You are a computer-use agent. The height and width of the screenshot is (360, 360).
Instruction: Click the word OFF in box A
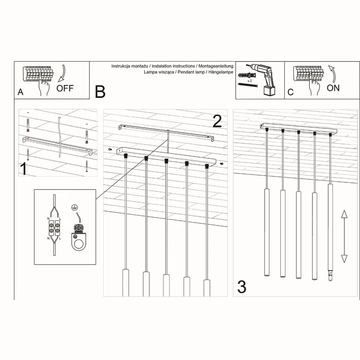[65, 88]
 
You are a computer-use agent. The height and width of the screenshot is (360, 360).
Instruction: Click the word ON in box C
[333, 88]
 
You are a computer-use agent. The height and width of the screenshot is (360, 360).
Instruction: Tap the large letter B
[100, 91]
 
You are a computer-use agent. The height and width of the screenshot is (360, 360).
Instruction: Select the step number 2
[217, 121]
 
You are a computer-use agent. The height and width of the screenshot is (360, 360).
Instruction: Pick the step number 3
[241, 286]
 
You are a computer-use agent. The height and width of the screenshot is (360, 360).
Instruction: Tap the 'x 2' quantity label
[250, 81]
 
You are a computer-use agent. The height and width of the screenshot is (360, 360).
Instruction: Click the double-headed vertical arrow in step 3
[344, 236]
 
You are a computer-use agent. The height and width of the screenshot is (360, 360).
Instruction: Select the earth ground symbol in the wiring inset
[74, 207]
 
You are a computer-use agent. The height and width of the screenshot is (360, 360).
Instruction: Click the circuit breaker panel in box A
[38, 74]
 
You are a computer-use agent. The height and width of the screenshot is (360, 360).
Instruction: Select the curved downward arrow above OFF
[62, 74]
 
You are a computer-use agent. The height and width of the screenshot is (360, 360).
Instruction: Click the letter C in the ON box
[290, 92]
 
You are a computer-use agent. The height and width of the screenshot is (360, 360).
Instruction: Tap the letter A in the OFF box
[20, 92]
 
